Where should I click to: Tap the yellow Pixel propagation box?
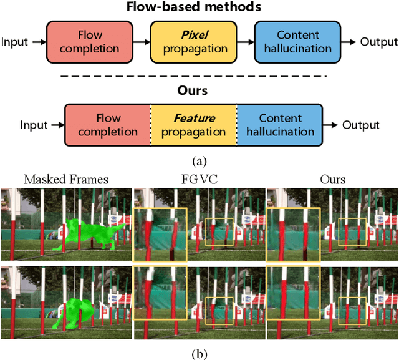coord(194,42)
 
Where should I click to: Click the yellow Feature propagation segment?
coord(194,124)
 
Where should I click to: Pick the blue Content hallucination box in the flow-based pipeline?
coord(297,42)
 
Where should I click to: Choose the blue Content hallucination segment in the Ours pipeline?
coord(280,124)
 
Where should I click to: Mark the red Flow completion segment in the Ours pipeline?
coord(108,124)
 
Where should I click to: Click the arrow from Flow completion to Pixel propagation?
coord(142,42)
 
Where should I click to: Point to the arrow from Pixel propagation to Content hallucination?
coord(246,42)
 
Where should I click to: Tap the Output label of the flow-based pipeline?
coord(378,42)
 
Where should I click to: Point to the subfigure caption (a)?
coord(199,162)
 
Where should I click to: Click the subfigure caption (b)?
coord(199,354)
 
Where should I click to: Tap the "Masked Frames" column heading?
coord(66,180)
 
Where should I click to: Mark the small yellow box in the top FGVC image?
coord(219,231)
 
